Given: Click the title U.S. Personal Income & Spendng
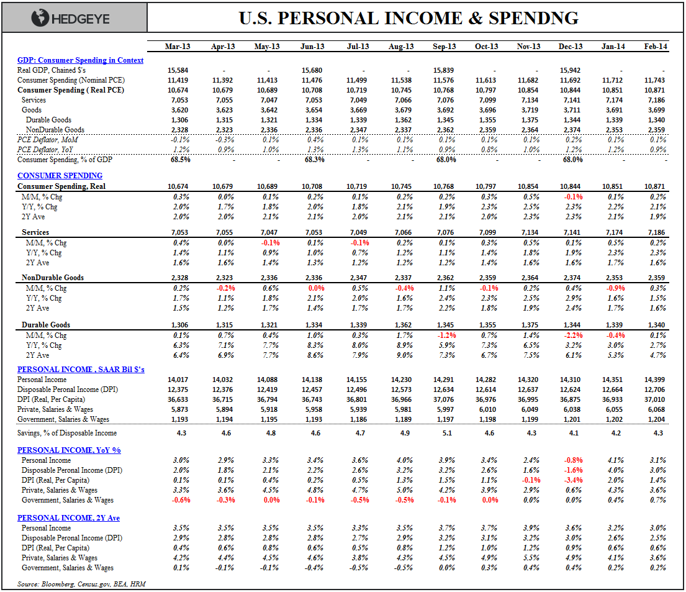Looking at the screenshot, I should point(409,18).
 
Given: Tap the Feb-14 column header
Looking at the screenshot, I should point(656,47).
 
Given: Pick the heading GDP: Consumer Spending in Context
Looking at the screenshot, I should point(80,60).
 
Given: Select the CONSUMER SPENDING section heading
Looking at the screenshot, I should point(60,176).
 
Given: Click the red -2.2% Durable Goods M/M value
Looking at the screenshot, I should point(571,335).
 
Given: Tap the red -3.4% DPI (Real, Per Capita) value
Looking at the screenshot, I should point(571,480).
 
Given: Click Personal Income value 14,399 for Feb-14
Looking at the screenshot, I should point(656,380).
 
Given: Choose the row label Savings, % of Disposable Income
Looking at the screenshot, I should point(67,433).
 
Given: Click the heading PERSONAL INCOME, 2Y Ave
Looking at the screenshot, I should point(68,517).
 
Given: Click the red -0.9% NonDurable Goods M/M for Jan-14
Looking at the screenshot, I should point(613,288).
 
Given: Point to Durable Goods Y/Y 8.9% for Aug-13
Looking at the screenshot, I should point(402,345).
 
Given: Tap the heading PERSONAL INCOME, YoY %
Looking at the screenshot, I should point(68,450).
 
